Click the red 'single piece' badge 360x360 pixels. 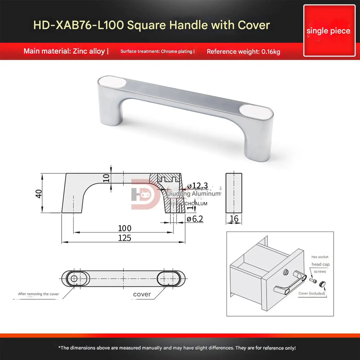pyautogui.click(x=329, y=31)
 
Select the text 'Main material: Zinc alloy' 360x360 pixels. pyautogui.click(x=64, y=51)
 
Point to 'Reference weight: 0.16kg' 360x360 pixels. pyautogui.click(x=243, y=52)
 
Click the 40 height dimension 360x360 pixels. pyautogui.click(x=39, y=193)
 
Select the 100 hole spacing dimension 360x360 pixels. pyautogui.click(x=125, y=228)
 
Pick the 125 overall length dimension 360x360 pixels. pyautogui.click(x=125, y=238)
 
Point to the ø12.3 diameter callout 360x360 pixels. pyautogui.click(x=198, y=186)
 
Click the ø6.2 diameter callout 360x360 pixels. pyautogui.click(x=195, y=219)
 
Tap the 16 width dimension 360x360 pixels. pyautogui.click(x=234, y=219)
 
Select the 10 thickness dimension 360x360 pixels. pyautogui.click(x=106, y=178)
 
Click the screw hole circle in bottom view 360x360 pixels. pyautogui.click(x=74, y=279)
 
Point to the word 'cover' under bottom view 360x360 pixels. pyautogui.click(x=142, y=294)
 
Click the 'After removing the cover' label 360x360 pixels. pyautogui.click(x=38, y=294)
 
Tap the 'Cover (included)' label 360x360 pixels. pyautogui.click(x=312, y=294)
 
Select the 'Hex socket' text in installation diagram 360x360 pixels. pyautogui.click(x=320, y=257)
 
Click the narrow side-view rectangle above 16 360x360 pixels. pyautogui.click(x=234, y=193)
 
